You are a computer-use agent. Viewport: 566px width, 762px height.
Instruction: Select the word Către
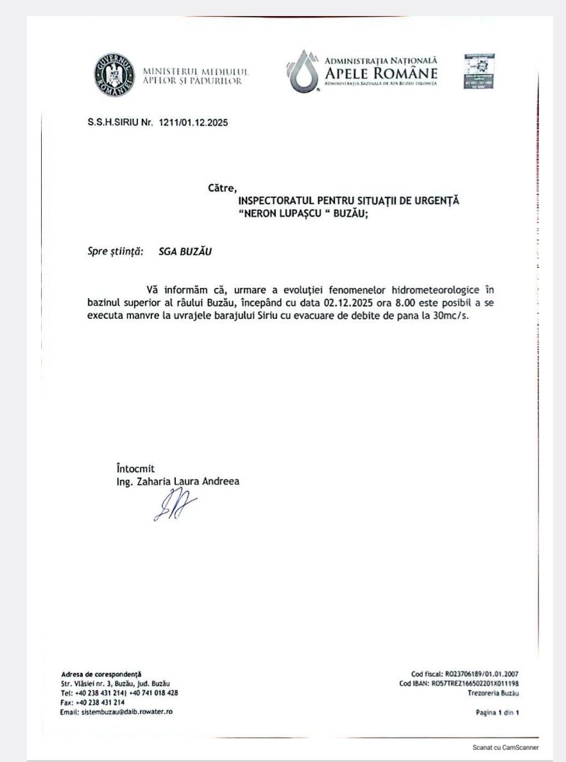pos(223,189)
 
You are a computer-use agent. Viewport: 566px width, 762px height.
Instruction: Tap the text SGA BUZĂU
pos(185,251)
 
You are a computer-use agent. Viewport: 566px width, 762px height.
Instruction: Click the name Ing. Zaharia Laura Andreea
pos(173,481)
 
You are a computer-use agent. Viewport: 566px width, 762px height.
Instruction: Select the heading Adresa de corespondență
pos(101,674)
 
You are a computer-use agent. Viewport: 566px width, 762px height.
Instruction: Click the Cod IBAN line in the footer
pos(459,684)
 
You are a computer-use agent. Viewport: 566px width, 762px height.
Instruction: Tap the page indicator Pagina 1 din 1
pos(497,712)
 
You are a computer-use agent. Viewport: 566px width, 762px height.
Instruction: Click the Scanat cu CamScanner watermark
pos(506,748)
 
